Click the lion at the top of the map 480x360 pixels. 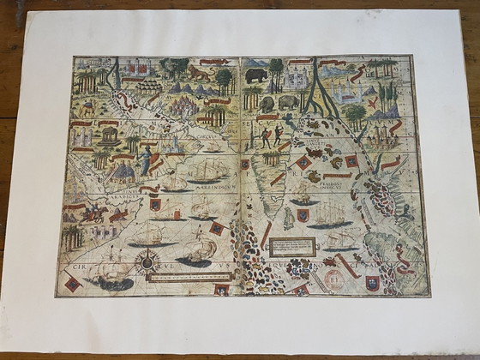[x=199, y=73]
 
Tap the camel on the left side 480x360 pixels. [x=87, y=109]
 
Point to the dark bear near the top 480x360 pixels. [x=255, y=75]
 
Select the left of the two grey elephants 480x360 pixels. [x=267, y=104]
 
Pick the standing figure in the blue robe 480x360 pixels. [x=147, y=159]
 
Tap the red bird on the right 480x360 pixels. [x=374, y=101]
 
